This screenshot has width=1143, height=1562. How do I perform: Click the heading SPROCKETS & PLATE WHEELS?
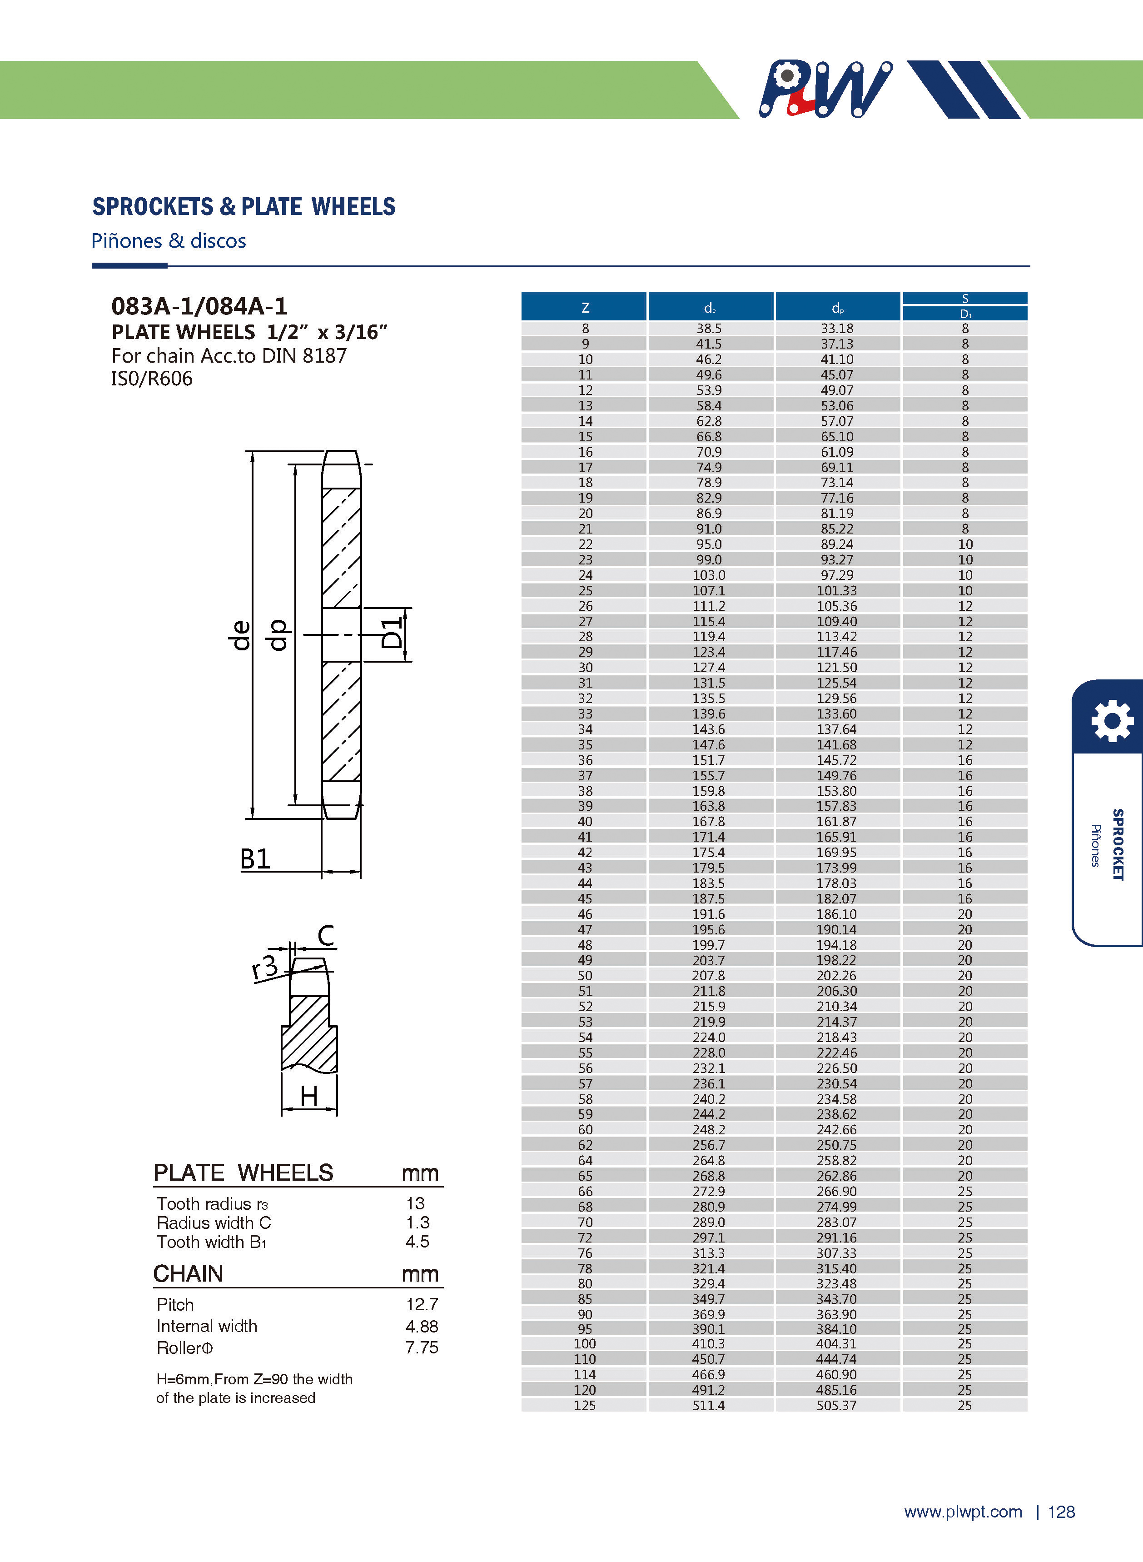coord(244,207)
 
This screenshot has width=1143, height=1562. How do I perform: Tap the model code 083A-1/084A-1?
coord(199,306)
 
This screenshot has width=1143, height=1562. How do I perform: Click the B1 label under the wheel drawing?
coord(254,859)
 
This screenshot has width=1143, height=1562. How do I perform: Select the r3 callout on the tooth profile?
coord(264,967)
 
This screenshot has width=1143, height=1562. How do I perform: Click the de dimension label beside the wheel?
coord(239,634)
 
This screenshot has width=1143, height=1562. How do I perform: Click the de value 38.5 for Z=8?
coord(709,329)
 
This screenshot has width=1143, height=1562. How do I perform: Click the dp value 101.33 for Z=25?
coord(836,590)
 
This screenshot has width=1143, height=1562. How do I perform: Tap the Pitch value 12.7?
coord(422,1305)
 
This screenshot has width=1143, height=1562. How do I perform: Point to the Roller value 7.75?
coord(422,1347)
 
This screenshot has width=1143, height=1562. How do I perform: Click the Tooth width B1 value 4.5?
coord(417,1242)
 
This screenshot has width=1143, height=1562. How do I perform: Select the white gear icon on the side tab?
coord(1112,720)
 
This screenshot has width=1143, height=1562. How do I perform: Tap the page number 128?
coord(1061,1512)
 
